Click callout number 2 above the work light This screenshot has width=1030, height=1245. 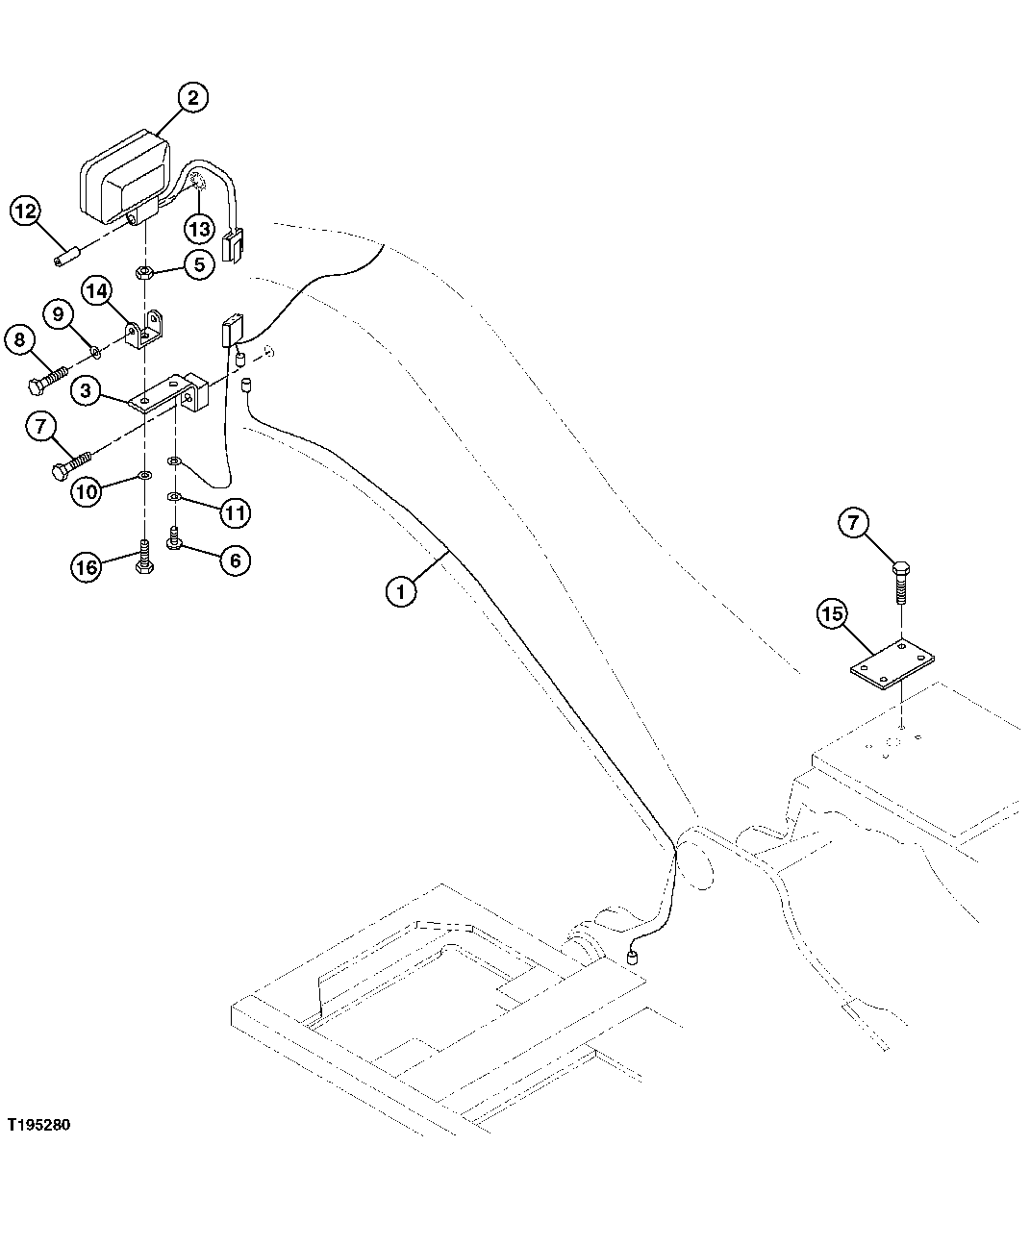pyautogui.click(x=192, y=97)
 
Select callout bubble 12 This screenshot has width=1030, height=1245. pyautogui.click(x=25, y=212)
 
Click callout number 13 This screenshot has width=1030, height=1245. pyautogui.click(x=199, y=230)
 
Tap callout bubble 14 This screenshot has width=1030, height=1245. pyautogui.click(x=96, y=289)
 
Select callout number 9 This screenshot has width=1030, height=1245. pyautogui.click(x=58, y=313)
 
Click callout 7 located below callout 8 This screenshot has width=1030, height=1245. pyautogui.click(x=39, y=427)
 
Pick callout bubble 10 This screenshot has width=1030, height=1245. pyautogui.click(x=87, y=492)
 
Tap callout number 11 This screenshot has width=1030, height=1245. pyautogui.click(x=235, y=512)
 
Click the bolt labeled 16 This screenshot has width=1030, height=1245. pyautogui.click(x=144, y=555)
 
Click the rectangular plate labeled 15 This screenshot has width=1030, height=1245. pyautogui.click(x=892, y=664)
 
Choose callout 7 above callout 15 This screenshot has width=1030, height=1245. pyautogui.click(x=854, y=523)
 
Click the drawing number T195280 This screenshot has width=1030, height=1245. pyautogui.click(x=38, y=1124)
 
